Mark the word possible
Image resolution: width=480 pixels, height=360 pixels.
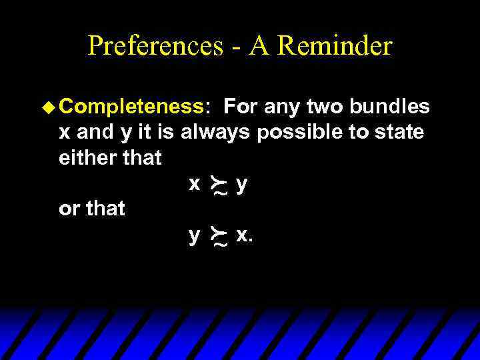click(x=299, y=133)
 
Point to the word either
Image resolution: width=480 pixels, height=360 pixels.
click(x=86, y=158)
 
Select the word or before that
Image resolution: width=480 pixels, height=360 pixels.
click(x=69, y=209)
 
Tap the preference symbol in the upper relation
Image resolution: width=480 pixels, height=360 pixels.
click(x=218, y=186)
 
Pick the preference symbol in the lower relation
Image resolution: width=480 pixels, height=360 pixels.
click(x=218, y=237)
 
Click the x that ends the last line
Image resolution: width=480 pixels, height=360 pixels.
click(x=241, y=234)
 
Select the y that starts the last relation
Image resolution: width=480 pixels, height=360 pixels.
click(x=194, y=235)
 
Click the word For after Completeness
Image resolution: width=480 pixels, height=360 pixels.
click(x=241, y=107)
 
